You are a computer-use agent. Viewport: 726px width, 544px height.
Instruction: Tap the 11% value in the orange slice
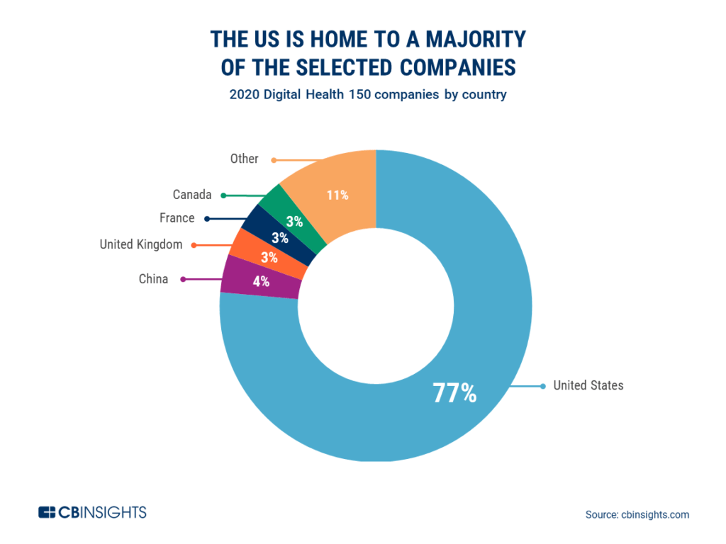pos(337,195)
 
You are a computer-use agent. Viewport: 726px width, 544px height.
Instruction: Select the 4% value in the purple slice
pos(261,281)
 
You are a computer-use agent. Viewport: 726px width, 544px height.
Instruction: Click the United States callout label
pos(588,385)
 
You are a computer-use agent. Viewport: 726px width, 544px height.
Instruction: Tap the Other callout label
pos(244,159)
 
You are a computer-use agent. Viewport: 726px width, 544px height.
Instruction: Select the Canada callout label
pos(191,194)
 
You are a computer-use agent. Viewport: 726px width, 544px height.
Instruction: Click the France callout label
pos(177,218)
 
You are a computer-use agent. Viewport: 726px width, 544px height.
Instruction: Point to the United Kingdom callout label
pos(140,244)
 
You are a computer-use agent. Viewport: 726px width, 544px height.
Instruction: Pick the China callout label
pos(153,279)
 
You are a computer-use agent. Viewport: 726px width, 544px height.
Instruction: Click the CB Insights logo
pos(92,511)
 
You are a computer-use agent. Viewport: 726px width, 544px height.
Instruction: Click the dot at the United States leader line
pos(542,386)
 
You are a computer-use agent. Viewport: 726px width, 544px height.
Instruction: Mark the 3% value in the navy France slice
pos(280,238)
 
